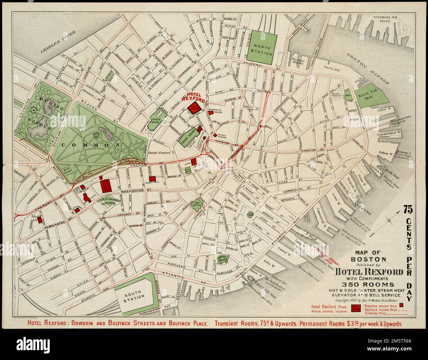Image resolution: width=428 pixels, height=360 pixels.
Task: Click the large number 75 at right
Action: [410, 209]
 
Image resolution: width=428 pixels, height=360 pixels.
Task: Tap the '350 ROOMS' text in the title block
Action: [368, 284]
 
